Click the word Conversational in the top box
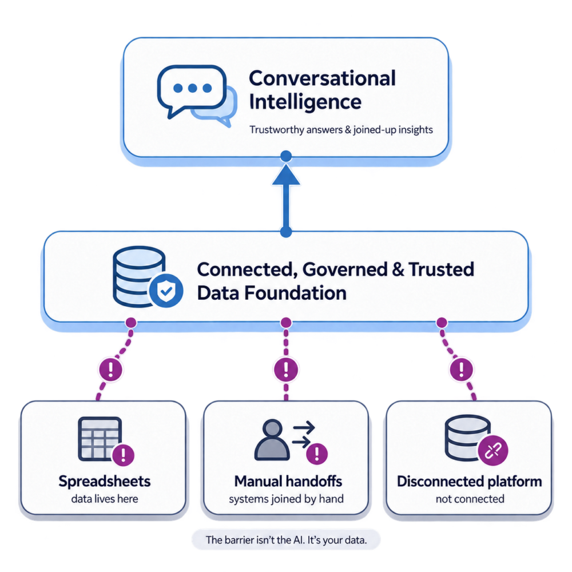click(322, 78)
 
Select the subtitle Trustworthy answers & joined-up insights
click(341, 130)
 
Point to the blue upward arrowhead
click(286, 175)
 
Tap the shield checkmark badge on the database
click(166, 291)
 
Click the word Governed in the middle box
click(345, 269)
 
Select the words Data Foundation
click(272, 293)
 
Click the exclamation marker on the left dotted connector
click(111, 369)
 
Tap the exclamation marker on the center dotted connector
click(286, 369)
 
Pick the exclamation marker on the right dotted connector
click(462, 369)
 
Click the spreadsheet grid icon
click(100, 439)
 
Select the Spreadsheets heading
click(105, 482)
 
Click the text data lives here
click(105, 499)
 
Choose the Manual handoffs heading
click(288, 482)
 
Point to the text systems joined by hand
click(287, 499)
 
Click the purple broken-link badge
click(493, 451)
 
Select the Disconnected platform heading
click(470, 482)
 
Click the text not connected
click(470, 499)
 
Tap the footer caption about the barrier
click(287, 540)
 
